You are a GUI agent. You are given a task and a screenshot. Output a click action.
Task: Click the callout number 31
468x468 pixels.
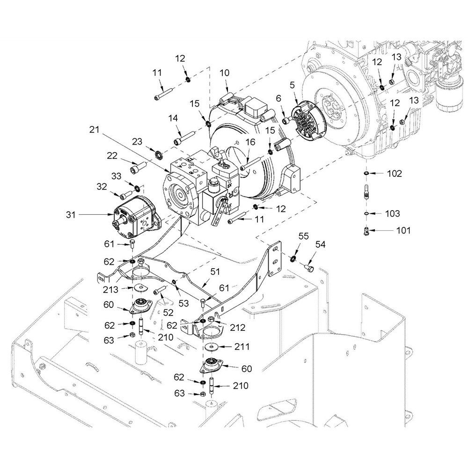coord(71,215)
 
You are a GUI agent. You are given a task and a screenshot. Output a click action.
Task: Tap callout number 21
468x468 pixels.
coord(95,130)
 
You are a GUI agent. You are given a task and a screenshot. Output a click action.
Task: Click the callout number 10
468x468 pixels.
coord(225,73)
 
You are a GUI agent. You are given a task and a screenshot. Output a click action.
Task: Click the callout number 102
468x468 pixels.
coord(395,174)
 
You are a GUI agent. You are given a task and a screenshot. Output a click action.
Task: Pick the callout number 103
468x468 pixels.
coord(393,213)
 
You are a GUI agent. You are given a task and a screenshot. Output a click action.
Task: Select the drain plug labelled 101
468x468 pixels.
coord(367,231)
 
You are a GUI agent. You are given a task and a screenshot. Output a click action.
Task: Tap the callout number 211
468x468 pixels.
coord(242,346)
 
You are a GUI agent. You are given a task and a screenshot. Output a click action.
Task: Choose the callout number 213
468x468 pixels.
coord(110,289)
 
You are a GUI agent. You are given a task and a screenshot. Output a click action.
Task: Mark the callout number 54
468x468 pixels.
coord(320,244)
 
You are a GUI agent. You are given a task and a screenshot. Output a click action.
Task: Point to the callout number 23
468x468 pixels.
coord(137,141)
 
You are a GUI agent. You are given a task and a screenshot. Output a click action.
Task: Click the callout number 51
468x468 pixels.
coord(215,271)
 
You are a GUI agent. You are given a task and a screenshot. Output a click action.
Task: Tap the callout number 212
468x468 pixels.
coord(238,328)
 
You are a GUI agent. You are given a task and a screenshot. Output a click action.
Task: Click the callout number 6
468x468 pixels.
coord(278,98)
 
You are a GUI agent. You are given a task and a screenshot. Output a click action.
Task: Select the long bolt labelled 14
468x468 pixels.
coord(184,137)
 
